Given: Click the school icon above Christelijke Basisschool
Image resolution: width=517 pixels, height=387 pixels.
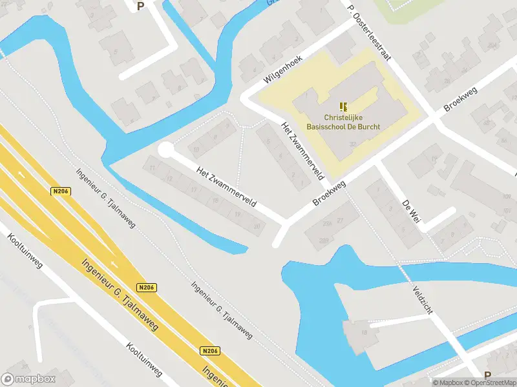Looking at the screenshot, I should pyautogui.click(x=343, y=106).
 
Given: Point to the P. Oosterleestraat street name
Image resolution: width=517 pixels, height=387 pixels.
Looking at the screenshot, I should pyautogui.click(x=369, y=34).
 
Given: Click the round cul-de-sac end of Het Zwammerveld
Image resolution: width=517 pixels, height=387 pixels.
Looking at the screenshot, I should pyautogui.click(x=166, y=150).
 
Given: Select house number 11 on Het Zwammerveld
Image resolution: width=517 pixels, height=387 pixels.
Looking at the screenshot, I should pyautogui.click(x=152, y=168).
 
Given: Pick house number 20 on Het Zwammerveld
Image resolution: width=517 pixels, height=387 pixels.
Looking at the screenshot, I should pyautogui.click(x=257, y=226).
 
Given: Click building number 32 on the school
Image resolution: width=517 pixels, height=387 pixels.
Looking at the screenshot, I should pyautogui.click(x=352, y=143).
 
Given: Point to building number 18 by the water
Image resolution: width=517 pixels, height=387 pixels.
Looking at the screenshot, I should pyautogui.click(x=364, y=332).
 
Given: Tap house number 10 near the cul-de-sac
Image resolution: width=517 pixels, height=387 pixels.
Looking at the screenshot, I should pyautogui.click(x=196, y=149).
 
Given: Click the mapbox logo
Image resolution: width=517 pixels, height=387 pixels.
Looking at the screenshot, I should pyautogui.click(x=28, y=379).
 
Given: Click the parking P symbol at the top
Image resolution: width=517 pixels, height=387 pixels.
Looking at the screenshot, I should pyautogui.click(x=141, y=6).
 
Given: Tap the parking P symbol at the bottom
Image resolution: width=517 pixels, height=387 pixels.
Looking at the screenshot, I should pyautogui.click(x=487, y=375).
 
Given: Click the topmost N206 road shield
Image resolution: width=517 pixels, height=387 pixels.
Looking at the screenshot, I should pyautogui.click(x=59, y=191).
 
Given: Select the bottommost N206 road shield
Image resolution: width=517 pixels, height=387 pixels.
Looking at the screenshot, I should pyautogui.click(x=210, y=351).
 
